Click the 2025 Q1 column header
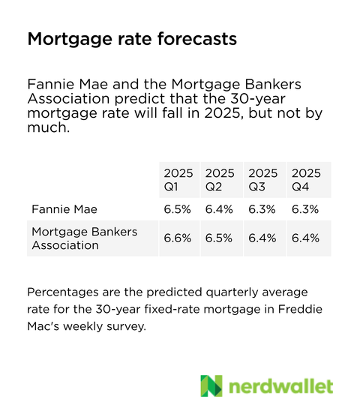coord(178,179)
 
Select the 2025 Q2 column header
coord(220,179)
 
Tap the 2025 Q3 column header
coord(262,179)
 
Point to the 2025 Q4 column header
coord(306,179)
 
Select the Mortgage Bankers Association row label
coord(84,238)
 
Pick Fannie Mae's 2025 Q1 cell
coord(177,208)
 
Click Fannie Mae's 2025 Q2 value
coord(220,208)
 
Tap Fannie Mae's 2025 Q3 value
coord(262,208)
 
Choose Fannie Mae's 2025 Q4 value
coord(306,208)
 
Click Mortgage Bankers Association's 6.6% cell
coord(177,238)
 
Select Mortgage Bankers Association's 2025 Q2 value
coord(220,238)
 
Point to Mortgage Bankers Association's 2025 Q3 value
coord(262,238)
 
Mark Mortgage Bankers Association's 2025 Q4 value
coord(306,238)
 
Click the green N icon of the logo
coord(212,385)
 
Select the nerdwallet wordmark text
coord(280,386)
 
